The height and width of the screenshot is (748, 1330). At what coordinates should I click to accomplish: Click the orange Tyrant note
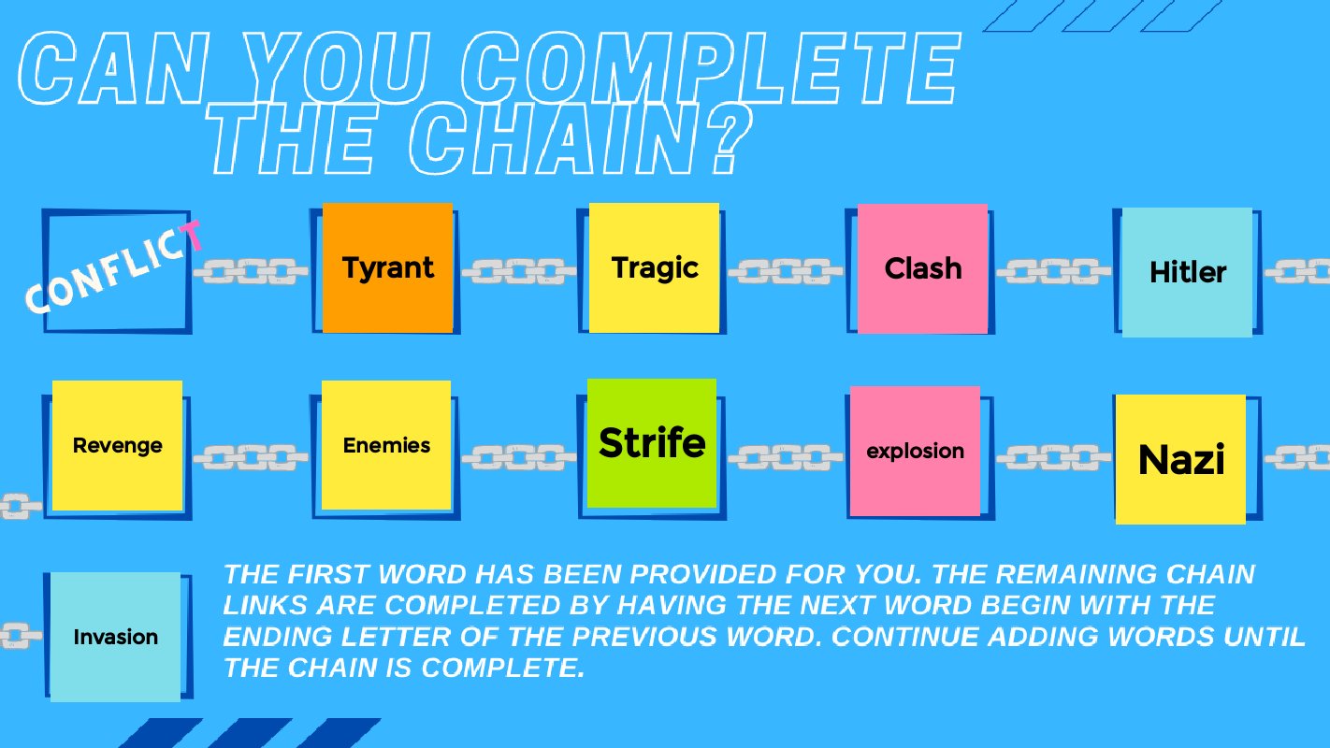point(387,268)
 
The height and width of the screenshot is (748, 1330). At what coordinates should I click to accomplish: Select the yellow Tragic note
point(654,268)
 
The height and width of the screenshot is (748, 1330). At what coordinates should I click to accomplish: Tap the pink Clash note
point(922,268)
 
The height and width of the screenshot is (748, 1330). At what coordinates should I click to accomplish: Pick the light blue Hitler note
point(1186,272)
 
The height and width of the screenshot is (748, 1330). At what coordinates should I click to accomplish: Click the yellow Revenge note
point(117,445)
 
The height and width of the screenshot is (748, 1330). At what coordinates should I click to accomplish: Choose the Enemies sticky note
point(386,445)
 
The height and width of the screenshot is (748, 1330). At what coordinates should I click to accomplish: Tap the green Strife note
point(652,443)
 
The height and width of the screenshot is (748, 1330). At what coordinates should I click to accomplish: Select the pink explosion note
point(915,451)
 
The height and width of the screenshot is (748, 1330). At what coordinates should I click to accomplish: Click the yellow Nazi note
point(1180,459)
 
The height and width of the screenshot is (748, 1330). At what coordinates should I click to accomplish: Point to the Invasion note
point(115,637)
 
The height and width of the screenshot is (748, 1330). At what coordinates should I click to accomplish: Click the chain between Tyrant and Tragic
point(520,272)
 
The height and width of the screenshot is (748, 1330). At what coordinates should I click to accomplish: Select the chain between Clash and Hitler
point(1053,272)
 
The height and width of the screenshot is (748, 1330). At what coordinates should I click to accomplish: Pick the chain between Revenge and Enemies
point(251,457)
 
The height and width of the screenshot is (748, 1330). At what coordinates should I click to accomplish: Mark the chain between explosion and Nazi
point(1053,457)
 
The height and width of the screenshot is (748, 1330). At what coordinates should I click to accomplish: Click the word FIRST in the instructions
point(338,574)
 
